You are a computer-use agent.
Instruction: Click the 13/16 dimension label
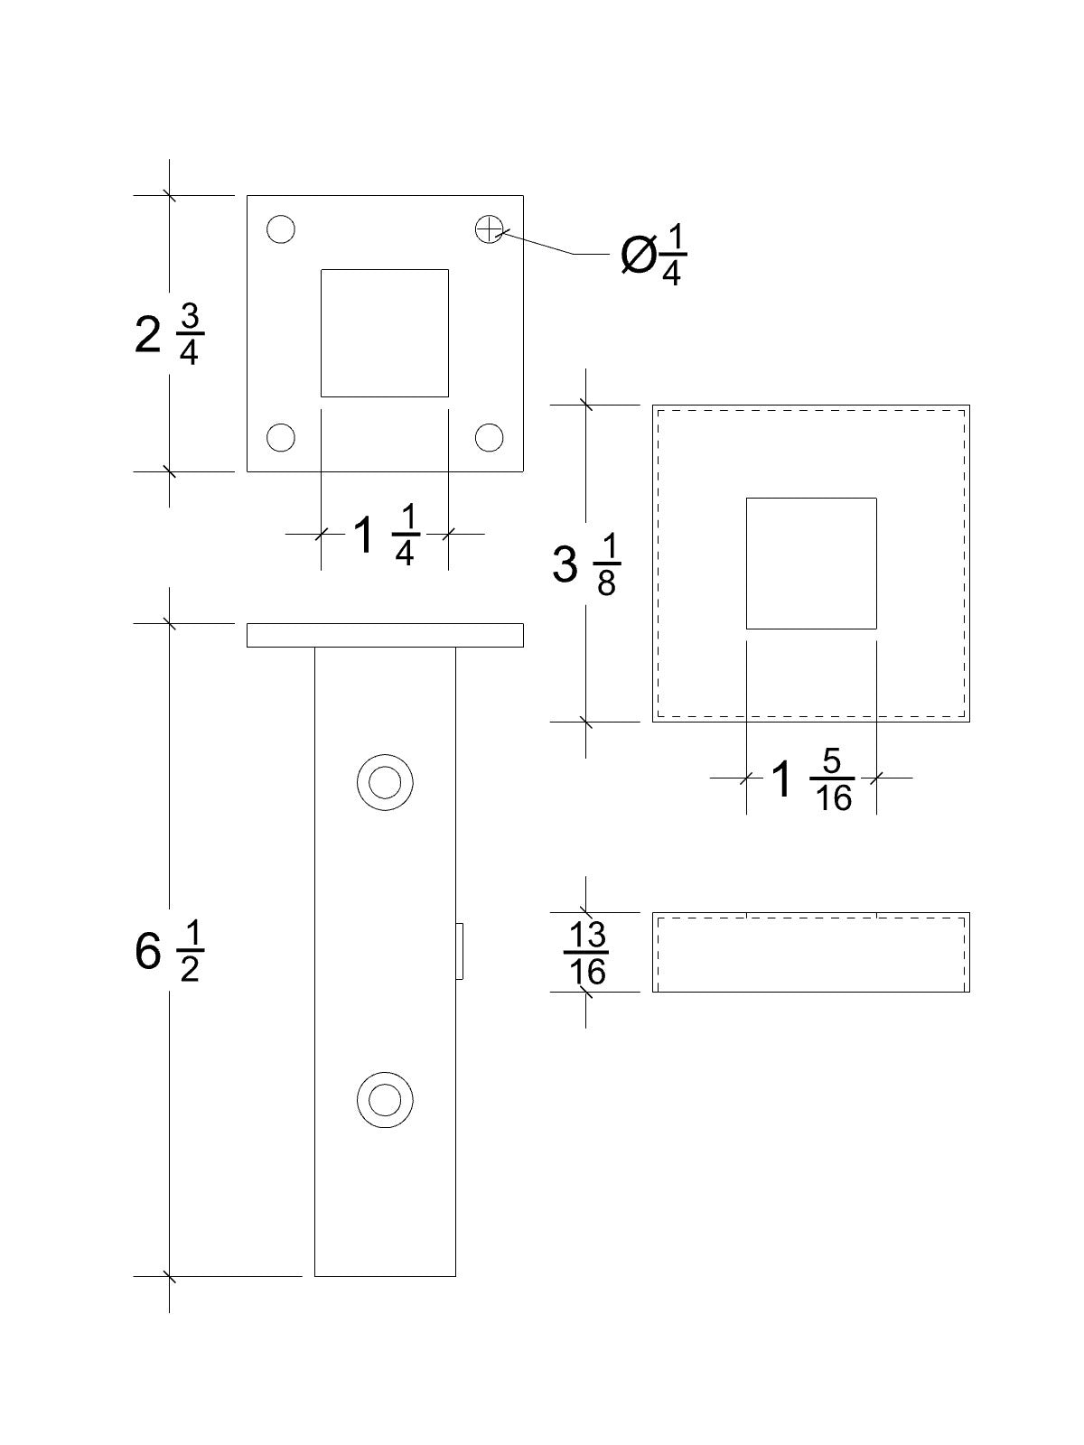(585, 953)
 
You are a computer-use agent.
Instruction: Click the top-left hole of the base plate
(281, 229)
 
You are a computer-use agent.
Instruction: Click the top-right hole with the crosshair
(489, 229)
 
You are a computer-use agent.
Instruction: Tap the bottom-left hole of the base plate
(281, 438)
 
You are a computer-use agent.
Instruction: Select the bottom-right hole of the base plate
(489, 438)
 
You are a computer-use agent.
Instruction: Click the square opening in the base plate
(385, 332)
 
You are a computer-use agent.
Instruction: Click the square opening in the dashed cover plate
(811, 563)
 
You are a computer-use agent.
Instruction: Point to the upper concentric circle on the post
(385, 782)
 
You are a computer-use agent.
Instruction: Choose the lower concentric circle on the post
(385, 1099)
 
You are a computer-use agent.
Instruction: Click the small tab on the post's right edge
(460, 952)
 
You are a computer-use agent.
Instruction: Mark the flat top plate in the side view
(385, 635)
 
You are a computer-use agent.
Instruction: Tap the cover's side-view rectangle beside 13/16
(811, 953)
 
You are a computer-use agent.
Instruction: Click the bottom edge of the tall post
(385, 1276)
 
